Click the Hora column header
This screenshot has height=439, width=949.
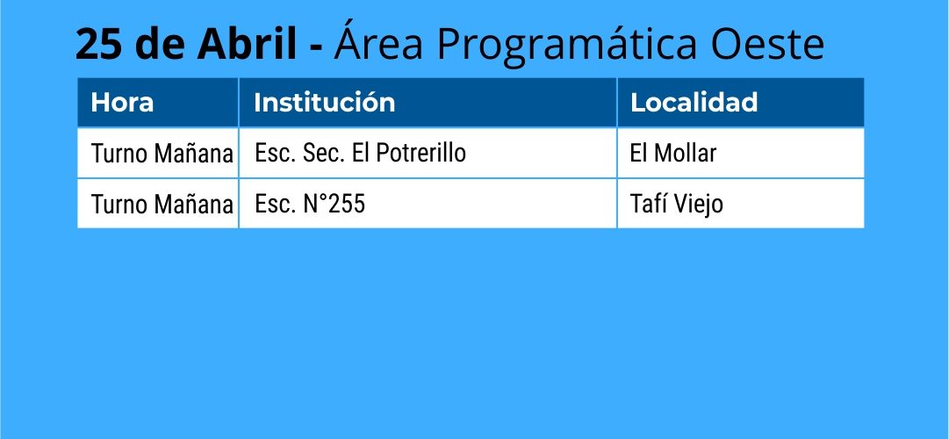pyautogui.click(x=122, y=103)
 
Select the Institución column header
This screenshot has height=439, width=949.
pyautogui.click(x=325, y=103)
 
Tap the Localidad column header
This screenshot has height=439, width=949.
pyautogui.click(x=694, y=103)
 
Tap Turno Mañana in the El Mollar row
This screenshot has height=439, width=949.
pyautogui.click(x=162, y=154)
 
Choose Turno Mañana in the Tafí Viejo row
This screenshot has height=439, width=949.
pyautogui.click(x=162, y=205)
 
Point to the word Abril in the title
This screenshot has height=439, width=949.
pyautogui.click(x=247, y=44)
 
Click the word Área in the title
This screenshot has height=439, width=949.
pyautogui.click(x=377, y=42)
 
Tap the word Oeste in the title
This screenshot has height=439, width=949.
pyautogui.click(x=767, y=44)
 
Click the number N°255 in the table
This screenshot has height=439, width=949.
pyautogui.click(x=334, y=204)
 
